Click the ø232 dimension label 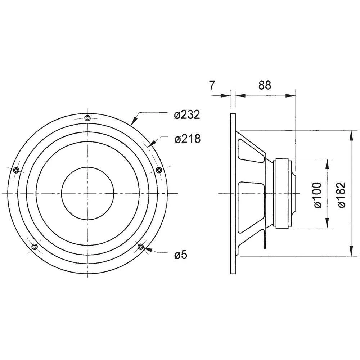tap(186, 115)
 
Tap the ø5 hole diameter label tap(181, 255)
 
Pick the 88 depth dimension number tap(265, 85)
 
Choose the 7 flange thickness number tap(212, 85)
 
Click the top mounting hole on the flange tap(87, 118)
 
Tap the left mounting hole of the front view tap(15, 170)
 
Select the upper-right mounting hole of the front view tap(158, 170)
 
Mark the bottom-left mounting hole tap(35, 247)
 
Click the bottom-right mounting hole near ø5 tap(141, 247)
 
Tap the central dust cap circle tap(87, 193)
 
